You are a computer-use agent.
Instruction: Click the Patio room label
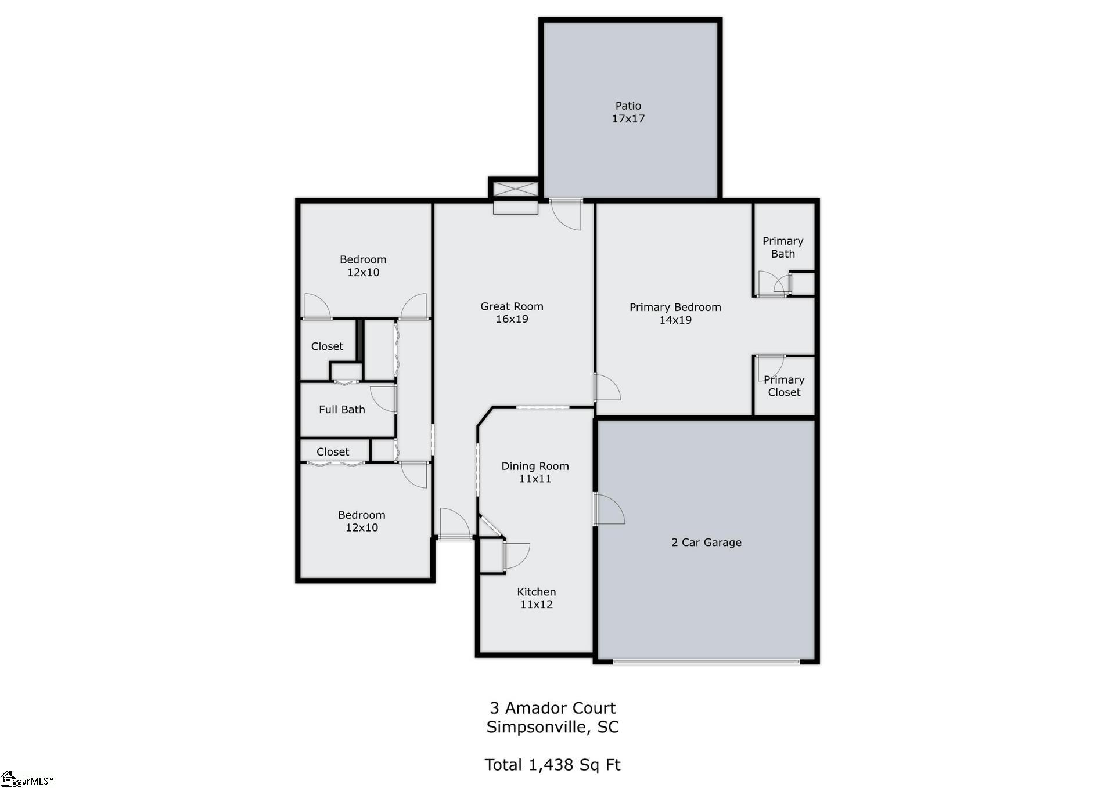click(x=628, y=106)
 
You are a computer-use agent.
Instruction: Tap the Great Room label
click(x=512, y=306)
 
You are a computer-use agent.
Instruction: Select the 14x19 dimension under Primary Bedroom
click(x=675, y=320)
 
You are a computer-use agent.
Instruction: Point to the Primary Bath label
click(x=783, y=247)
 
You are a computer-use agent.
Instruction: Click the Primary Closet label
click(x=784, y=386)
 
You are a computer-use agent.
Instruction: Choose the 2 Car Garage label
click(x=706, y=542)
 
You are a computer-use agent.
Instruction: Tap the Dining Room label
click(x=535, y=466)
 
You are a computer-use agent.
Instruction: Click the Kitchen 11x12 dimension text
click(x=537, y=604)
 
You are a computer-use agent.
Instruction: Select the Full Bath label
click(x=342, y=409)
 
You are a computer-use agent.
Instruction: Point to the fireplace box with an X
click(x=515, y=189)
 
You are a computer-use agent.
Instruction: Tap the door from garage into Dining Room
click(x=609, y=508)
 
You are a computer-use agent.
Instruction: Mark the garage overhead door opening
click(x=706, y=661)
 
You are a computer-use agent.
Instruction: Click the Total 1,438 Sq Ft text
click(x=553, y=765)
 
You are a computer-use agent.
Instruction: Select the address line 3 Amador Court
click(x=553, y=708)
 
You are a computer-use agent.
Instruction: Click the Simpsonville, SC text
click(x=553, y=727)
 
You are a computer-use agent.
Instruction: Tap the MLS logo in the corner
click(x=27, y=779)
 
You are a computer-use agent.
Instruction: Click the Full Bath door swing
click(x=383, y=399)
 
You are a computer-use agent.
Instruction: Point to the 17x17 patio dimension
click(x=628, y=118)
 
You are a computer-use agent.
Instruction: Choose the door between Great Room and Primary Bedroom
click(x=607, y=387)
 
